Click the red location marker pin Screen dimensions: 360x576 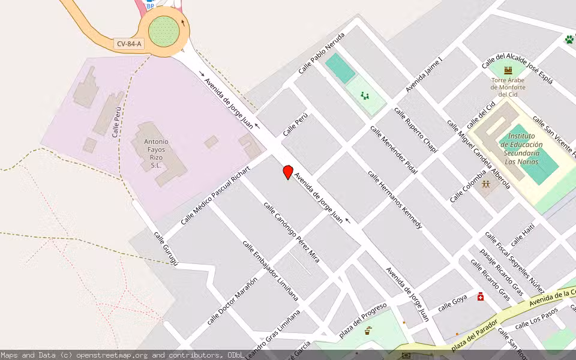click(x=288, y=172)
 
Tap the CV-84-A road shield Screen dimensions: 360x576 click(x=128, y=44)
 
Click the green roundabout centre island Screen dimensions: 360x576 click(x=164, y=31)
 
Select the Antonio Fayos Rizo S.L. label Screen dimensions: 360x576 click(x=156, y=153)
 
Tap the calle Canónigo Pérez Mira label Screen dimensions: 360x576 click(x=291, y=231)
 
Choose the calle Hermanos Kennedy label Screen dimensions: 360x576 click(x=395, y=200)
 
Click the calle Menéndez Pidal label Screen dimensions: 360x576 click(x=393, y=150)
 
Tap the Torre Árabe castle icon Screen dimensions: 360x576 click(x=508, y=71)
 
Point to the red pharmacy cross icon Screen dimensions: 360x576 click(x=481, y=296)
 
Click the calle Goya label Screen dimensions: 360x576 click(x=452, y=304)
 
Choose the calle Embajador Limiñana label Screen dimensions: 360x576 click(x=270, y=270)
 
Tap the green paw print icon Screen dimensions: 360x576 click(x=568, y=40)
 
